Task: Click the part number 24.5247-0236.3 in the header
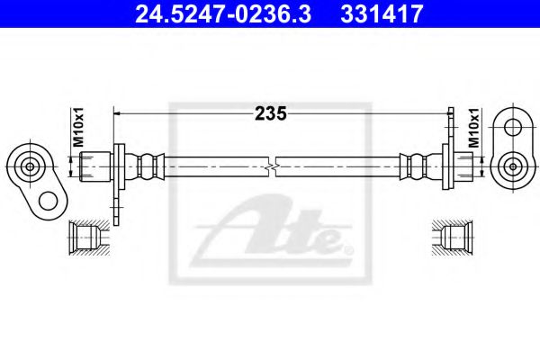point(223,13)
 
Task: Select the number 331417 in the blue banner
point(382,13)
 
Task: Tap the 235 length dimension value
point(271,113)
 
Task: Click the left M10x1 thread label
point(79,127)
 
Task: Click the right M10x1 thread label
point(474,128)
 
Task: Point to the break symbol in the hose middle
point(272,166)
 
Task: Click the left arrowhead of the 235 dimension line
point(117,113)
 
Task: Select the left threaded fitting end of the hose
point(95,166)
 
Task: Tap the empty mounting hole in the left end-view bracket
point(49,202)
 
